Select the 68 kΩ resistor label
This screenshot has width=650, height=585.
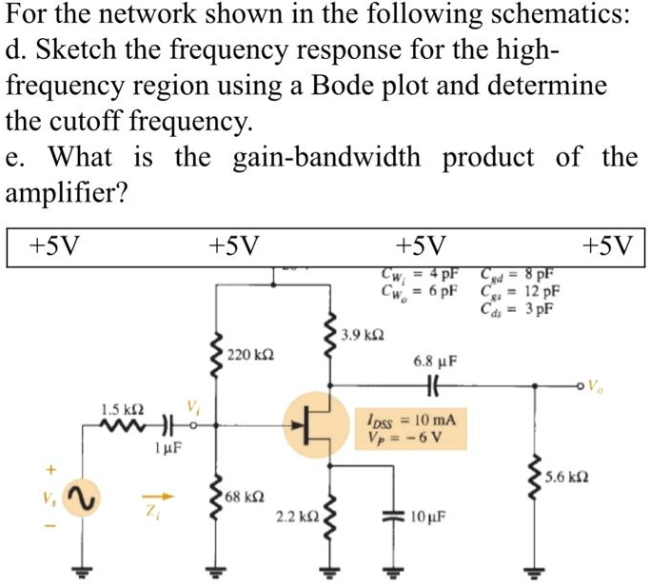(x=243, y=497)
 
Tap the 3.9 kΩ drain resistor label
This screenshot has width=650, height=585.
(x=364, y=337)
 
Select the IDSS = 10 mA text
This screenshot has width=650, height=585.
(x=411, y=419)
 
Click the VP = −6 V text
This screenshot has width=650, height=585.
(x=403, y=438)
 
